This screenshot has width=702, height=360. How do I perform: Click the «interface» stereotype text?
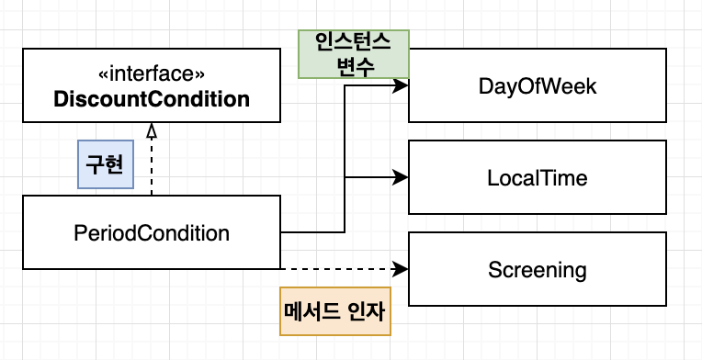[152, 74]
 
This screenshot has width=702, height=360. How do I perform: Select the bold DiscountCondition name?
[152, 99]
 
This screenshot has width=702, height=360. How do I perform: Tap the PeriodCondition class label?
[152, 233]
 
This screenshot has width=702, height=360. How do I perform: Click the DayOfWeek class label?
[538, 86]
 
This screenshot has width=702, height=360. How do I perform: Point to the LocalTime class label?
[538, 178]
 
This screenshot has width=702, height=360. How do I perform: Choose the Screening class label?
[538, 270]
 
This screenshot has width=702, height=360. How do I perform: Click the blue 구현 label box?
[106, 164]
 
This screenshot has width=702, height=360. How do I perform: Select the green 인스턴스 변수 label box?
[354, 54]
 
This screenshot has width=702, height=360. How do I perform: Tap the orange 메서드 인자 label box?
[335, 311]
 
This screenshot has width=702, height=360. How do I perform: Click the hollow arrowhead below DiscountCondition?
[152, 129]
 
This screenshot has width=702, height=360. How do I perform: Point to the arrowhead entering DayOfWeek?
[401, 85]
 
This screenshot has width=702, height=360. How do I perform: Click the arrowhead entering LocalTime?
[401, 177]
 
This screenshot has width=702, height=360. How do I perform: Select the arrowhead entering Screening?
[401, 269]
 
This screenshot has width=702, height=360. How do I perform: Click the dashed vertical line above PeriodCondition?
[152, 166]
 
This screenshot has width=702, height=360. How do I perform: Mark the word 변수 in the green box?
[354, 66]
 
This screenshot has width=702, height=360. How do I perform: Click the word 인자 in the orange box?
[366, 311]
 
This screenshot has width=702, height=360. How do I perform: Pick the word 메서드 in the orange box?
[312, 311]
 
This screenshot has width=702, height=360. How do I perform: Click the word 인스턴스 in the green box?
[354, 43]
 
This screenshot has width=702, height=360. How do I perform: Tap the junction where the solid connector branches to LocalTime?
[345, 177]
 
